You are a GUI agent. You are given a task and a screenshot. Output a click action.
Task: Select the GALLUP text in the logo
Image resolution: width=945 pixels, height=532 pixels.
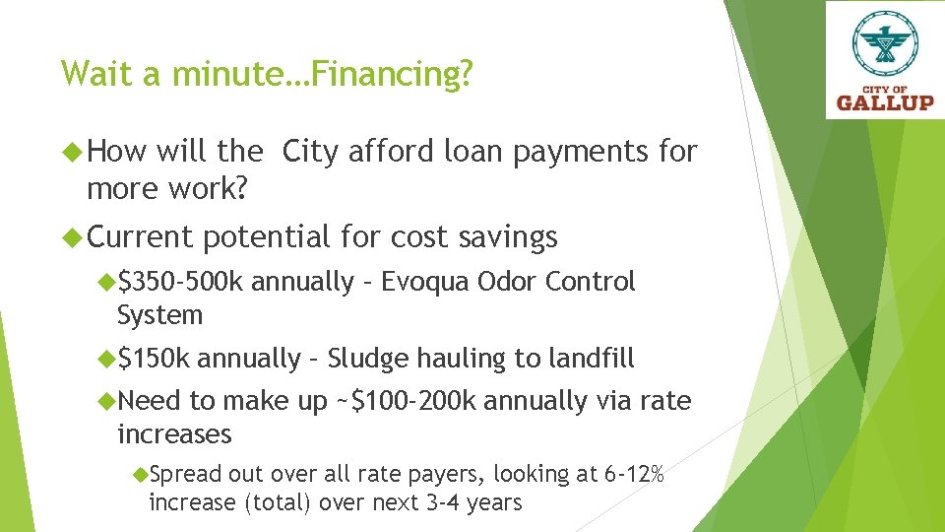click(885, 101)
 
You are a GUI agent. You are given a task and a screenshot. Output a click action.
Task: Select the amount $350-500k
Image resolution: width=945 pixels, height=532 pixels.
click(180, 282)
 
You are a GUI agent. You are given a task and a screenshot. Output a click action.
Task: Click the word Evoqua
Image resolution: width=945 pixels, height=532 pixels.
click(426, 282)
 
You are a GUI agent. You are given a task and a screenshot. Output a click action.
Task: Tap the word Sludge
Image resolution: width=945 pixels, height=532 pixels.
click(368, 359)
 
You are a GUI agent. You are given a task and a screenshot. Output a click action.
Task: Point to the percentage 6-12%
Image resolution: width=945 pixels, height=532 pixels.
click(634, 474)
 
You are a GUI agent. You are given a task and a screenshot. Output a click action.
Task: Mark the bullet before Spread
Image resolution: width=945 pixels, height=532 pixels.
click(140, 474)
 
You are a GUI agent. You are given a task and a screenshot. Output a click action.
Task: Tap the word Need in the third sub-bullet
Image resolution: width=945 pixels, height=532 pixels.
click(149, 401)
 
